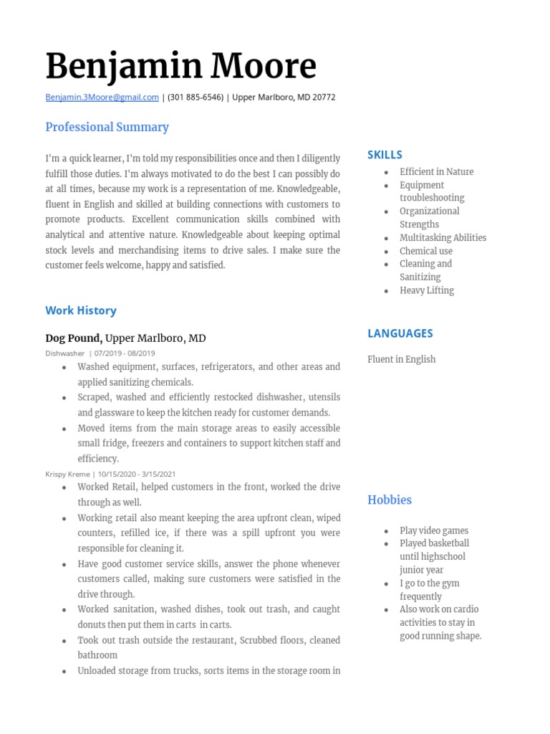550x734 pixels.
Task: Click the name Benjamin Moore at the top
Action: pos(180,67)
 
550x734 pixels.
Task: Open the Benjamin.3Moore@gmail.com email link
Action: pos(102,97)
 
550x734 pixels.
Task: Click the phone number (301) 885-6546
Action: pos(196,97)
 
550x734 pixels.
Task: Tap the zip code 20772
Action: pos(323,97)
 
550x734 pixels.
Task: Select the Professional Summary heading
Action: pos(107,127)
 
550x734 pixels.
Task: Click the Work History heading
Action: pos(80,310)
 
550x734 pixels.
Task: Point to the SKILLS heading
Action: pos(385,155)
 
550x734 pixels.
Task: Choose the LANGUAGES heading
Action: pos(400,333)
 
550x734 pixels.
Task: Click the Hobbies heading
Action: pos(390,500)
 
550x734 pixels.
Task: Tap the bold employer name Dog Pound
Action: pos(74,338)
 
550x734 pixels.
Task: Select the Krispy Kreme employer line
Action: pos(67,475)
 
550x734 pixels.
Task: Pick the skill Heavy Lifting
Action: pos(427,290)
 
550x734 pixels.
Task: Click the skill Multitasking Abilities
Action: pos(443,238)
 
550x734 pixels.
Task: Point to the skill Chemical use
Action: pos(426,251)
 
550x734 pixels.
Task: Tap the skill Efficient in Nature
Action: pos(436,172)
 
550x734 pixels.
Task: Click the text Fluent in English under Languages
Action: pos(401,359)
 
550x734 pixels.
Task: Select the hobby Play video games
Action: pos(434,530)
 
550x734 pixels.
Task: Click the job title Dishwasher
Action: pos(64,353)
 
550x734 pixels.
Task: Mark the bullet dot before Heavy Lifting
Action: pos(386,291)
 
